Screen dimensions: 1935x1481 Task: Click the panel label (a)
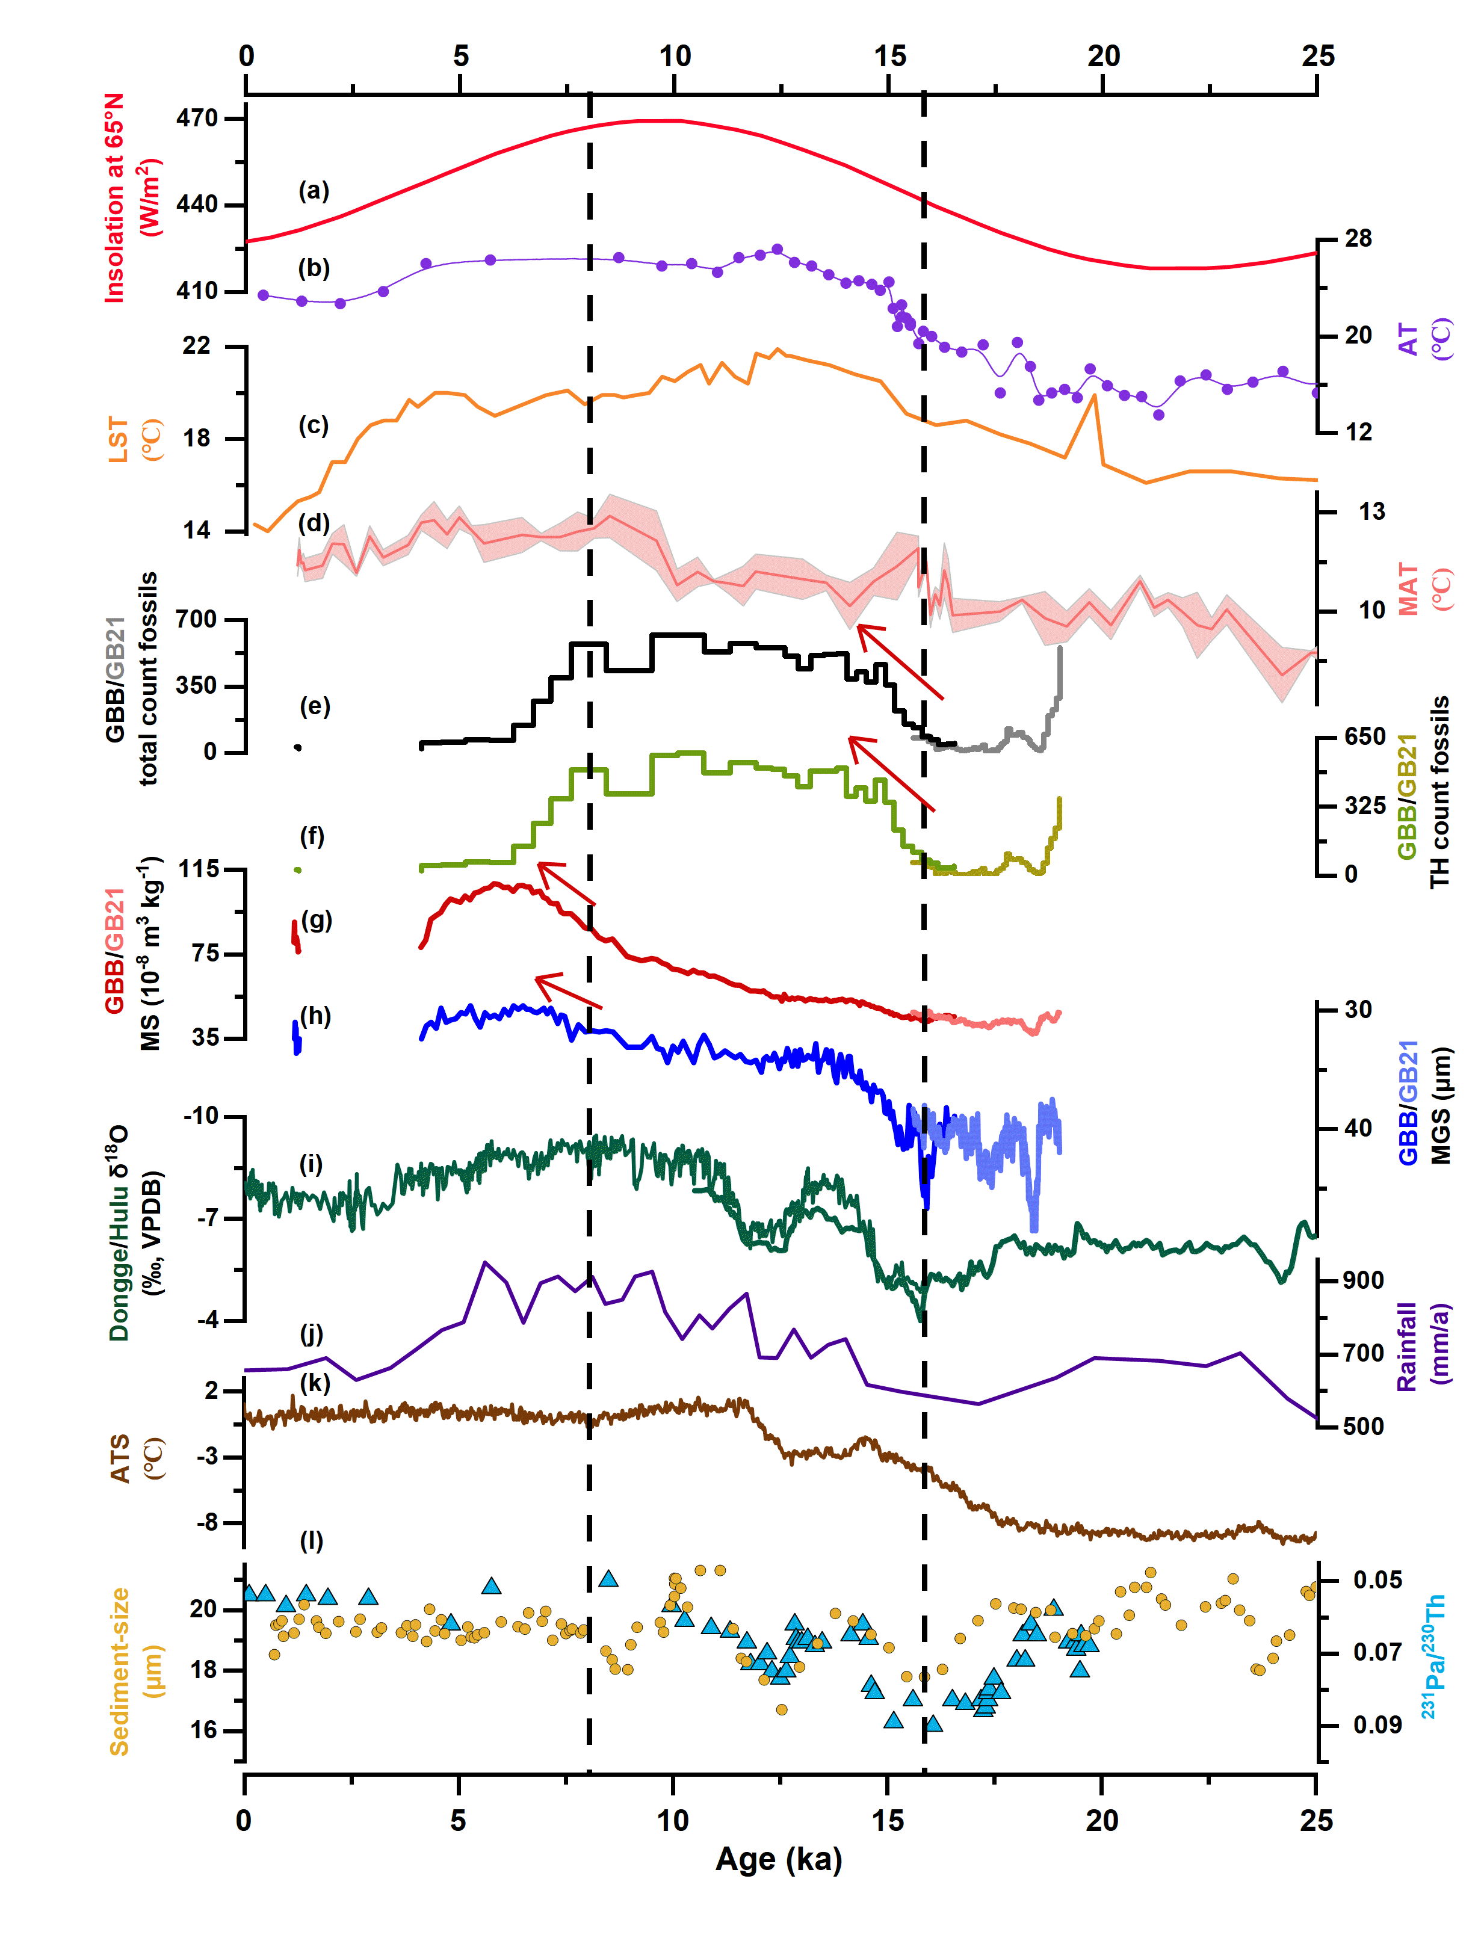[x=313, y=190]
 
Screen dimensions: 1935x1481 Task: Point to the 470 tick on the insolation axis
[x=197, y=118]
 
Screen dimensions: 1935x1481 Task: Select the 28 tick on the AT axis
[x=1358, y=239]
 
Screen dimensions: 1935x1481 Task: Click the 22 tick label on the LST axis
[x=197, y=345]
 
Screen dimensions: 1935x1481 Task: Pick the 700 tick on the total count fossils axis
[x=196, y=620]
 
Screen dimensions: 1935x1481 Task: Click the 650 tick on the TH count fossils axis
[x=1365, y=736]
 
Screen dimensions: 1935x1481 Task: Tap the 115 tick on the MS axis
[x=199, y=869]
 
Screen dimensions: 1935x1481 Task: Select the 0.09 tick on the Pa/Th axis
[x=1377, y=1724]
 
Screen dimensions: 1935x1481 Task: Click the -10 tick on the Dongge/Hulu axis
[x=200, y=1116]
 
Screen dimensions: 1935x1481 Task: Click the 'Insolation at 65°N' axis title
[x=114, y=199]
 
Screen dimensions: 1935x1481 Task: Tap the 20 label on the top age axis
[x=1103, y=57]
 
